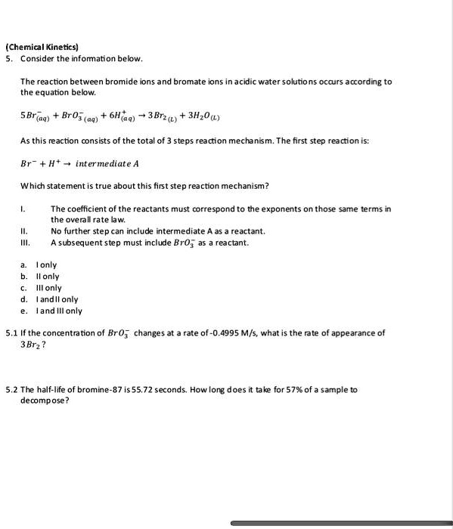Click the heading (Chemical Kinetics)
45,47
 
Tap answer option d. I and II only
51,299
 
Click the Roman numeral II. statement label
25,231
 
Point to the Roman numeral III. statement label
26,243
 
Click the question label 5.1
11,333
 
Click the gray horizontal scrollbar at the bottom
340,523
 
